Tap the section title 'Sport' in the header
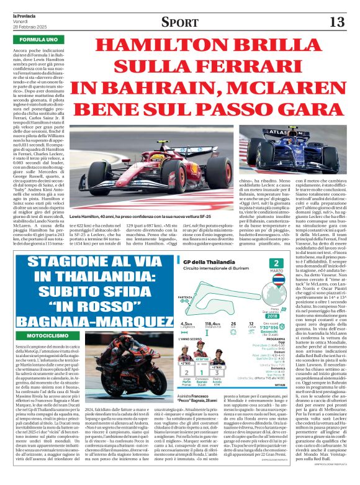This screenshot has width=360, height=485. [179, 22]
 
